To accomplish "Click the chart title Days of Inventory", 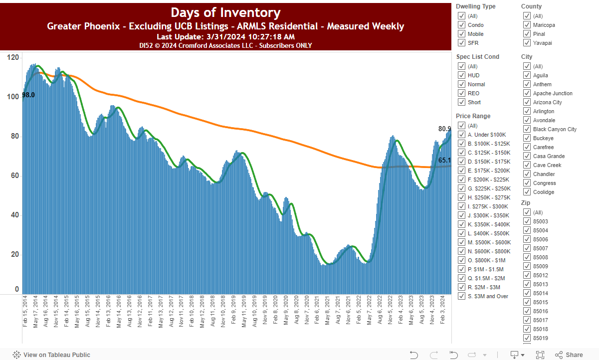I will point(225,12).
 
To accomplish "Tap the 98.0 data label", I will point(28,95).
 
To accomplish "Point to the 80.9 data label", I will point(444,129).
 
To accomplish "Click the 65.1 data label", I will point(444,160).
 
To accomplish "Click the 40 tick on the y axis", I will point(15,215).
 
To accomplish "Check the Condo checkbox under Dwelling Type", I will point(461,25).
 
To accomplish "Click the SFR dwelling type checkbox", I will point(461,43).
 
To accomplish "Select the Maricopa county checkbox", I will point(527,25).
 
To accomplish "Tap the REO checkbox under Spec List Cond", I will point(461,93).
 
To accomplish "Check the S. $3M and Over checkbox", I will point(461,296).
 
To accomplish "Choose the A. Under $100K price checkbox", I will point(461,135).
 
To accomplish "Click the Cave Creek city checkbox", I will point(527,165).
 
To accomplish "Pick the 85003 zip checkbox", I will point(527,221).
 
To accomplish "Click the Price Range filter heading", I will point(473,116).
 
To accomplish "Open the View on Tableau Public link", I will point(51,355).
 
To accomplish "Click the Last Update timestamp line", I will point(225,37).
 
